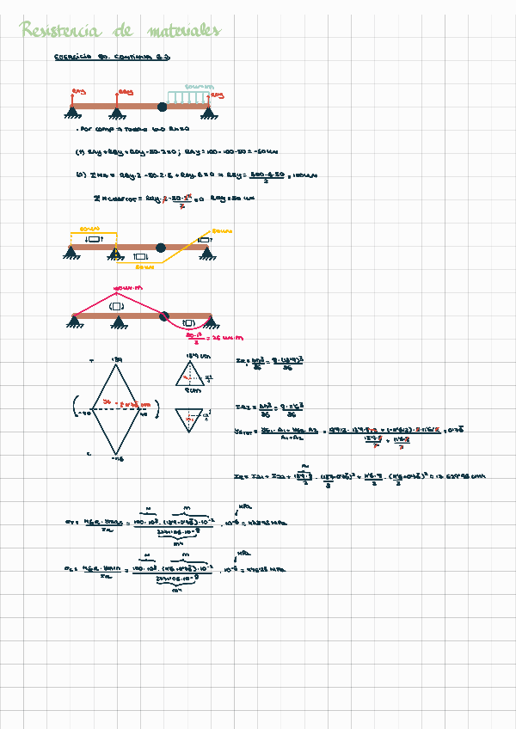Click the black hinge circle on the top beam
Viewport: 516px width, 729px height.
(x=162, y=107)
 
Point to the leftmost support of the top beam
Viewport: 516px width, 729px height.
(x=71, y=112)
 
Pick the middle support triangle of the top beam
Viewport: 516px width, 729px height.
(x=116, y=112)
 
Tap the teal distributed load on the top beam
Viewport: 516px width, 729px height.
(x=189, y=95)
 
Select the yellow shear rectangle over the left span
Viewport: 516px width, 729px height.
(x=93, y=237)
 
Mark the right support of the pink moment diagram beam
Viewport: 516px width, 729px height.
(x=206, y=322)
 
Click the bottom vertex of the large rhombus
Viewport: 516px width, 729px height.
(x=115, y=455)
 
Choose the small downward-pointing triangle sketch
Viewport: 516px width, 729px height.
(x=189, y=419)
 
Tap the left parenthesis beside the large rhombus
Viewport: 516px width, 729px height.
(x=77, y=408)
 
